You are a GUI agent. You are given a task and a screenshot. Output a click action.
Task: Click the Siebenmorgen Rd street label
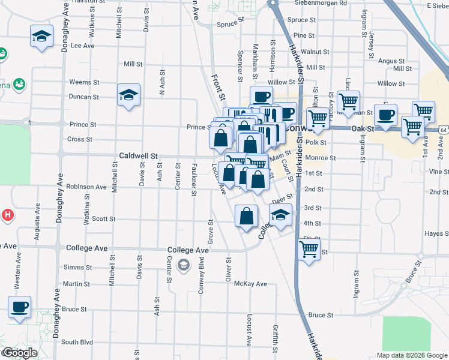coord(321,3)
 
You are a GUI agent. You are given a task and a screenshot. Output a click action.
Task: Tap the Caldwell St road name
coord(138,155)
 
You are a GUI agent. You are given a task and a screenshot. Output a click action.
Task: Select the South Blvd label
coord(77,342)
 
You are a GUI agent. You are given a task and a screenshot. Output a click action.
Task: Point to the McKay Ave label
coord(250,284)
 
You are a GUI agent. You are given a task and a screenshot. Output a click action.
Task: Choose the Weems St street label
coord(84,82)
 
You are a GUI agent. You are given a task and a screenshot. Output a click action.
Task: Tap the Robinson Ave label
coord(86,187)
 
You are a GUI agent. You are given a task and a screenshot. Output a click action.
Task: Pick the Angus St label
coord(392,61)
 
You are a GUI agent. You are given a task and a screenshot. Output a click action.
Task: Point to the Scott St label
coord(103,219)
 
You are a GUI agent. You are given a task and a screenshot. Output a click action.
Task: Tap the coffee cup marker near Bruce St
coord(19,307)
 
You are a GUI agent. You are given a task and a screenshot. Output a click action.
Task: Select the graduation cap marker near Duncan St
coord(128,95)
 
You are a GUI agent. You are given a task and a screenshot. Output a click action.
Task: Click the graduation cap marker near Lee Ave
coord(41,37)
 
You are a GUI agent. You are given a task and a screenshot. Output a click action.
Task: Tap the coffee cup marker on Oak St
coord(385,115)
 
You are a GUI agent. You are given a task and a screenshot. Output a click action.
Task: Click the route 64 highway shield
coord(442,130)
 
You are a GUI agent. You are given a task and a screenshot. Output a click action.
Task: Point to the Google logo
coord(20,353)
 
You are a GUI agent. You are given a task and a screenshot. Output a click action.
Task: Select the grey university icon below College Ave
coord(184,265)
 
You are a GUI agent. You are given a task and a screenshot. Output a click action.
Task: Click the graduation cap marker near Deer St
coord(280,215)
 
